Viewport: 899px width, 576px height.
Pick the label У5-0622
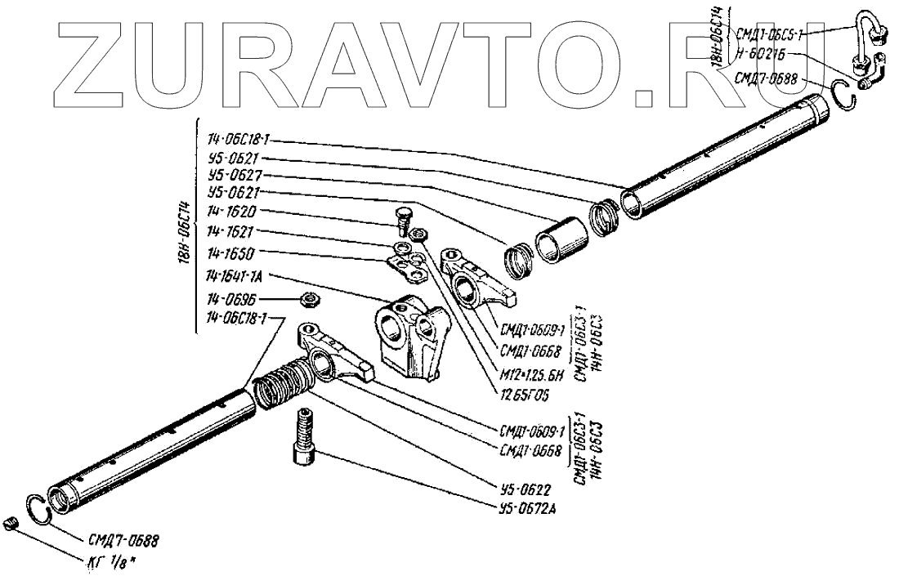[523, 490]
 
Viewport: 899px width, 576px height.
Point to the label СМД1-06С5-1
[770, 33]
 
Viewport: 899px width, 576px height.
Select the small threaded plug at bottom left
[11, 525]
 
